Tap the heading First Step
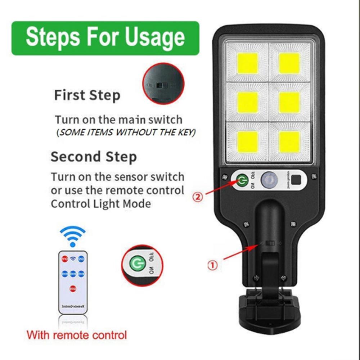tap(87, 95)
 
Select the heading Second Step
tap(94, 157)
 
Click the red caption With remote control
tap(77, 335)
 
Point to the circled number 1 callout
tap(212, 265)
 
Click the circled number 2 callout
tap(198, 197)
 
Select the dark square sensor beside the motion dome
tap(297, 180)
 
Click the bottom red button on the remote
tap(73, 288)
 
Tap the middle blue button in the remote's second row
tap(73, 274)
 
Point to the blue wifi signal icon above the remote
tap(73, 236)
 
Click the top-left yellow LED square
tap(248, 63)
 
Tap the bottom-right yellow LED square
tap(289, 141)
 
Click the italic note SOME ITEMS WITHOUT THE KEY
tap(126, 132)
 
